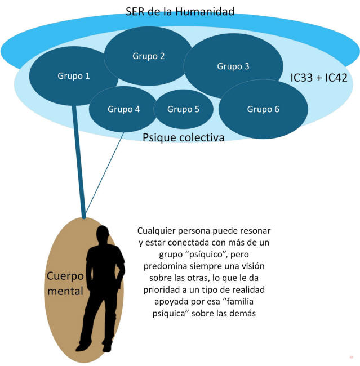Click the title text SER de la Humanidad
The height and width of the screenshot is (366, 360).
click(180, 11)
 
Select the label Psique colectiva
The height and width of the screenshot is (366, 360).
click(184, 137)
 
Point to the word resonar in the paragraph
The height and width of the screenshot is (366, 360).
click(255, 231)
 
